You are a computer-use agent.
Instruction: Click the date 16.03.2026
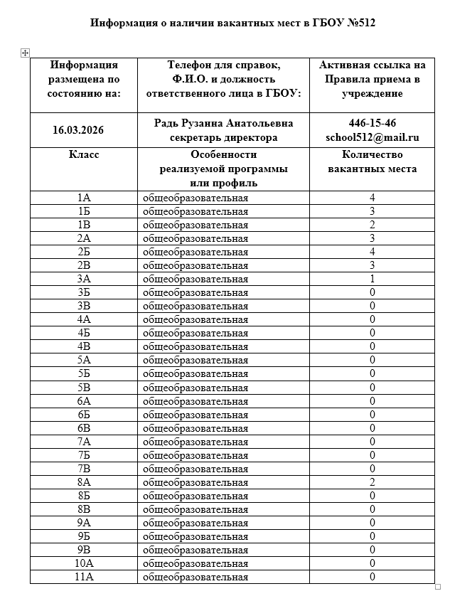click(x=84, y=130)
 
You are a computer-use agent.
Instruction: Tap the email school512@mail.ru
click(x=372, y=137)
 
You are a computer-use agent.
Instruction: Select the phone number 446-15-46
click(x=372, y=123)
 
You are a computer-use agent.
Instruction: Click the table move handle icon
click(x=25, y=53)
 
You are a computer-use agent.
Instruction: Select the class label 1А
click(x=84, y=198)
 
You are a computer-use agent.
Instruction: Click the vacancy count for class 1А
click(x=372, y=198)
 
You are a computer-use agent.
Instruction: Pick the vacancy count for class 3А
click(x=372, y=279)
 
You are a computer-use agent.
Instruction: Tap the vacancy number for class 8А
click(x=372, y=482)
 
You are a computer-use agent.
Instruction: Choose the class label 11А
click(x=84, y=577)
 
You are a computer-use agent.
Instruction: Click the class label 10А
click(x=84, y=563)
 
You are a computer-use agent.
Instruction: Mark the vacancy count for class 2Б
click(x=372, y=252)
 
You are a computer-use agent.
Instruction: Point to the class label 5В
click(x=84, y=388)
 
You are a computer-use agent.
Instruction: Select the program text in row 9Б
click(x=195, y=536)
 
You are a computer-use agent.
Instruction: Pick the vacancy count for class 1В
click(x=372, y=225)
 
